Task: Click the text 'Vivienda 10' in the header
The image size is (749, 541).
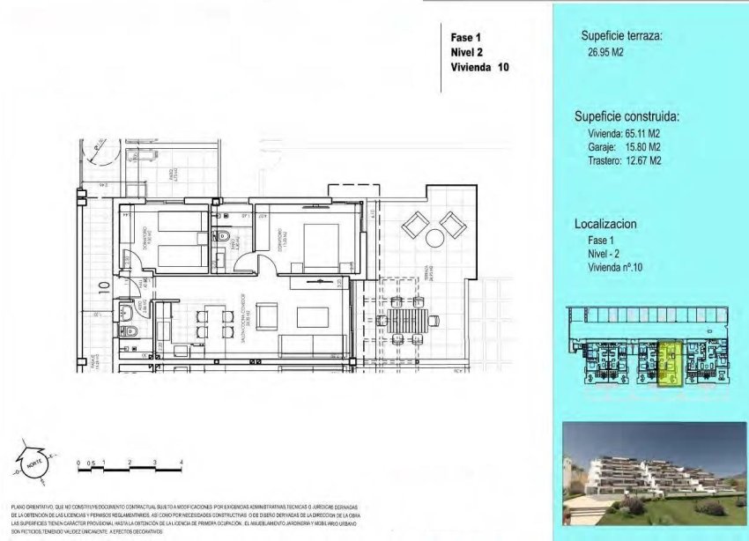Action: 478,67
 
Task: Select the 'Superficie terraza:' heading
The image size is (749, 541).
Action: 621,36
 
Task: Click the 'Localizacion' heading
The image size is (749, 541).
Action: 606,225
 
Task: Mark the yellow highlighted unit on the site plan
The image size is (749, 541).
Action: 668,364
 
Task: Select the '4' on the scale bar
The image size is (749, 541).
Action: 180,462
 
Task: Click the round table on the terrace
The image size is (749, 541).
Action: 434,238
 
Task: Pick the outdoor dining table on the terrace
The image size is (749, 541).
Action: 406,316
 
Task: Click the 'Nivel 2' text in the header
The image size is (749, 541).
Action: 468,52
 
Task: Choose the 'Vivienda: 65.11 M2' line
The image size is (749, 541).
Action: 625,133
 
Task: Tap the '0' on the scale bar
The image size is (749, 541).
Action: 78,462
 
